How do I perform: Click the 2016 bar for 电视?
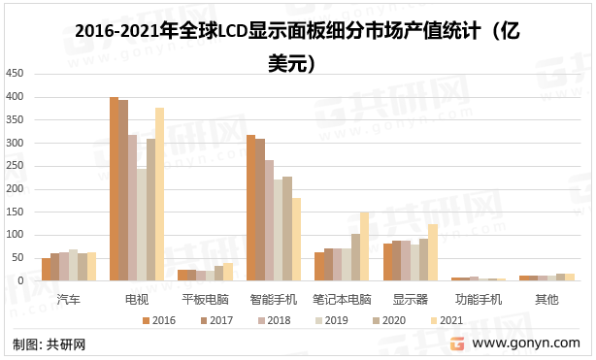(115, 189)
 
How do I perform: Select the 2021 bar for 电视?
(160, 194)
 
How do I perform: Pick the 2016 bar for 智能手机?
(251, 208)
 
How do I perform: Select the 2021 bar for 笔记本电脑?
(365, 246)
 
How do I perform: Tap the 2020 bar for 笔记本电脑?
(356, 257)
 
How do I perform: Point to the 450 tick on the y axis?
(15, 74)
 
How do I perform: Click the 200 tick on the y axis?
(15, 189)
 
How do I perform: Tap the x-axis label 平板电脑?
(206, 299)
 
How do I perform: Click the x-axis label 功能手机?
(480, 299)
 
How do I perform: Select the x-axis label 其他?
(547, 299)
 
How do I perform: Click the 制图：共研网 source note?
(49, 344)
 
